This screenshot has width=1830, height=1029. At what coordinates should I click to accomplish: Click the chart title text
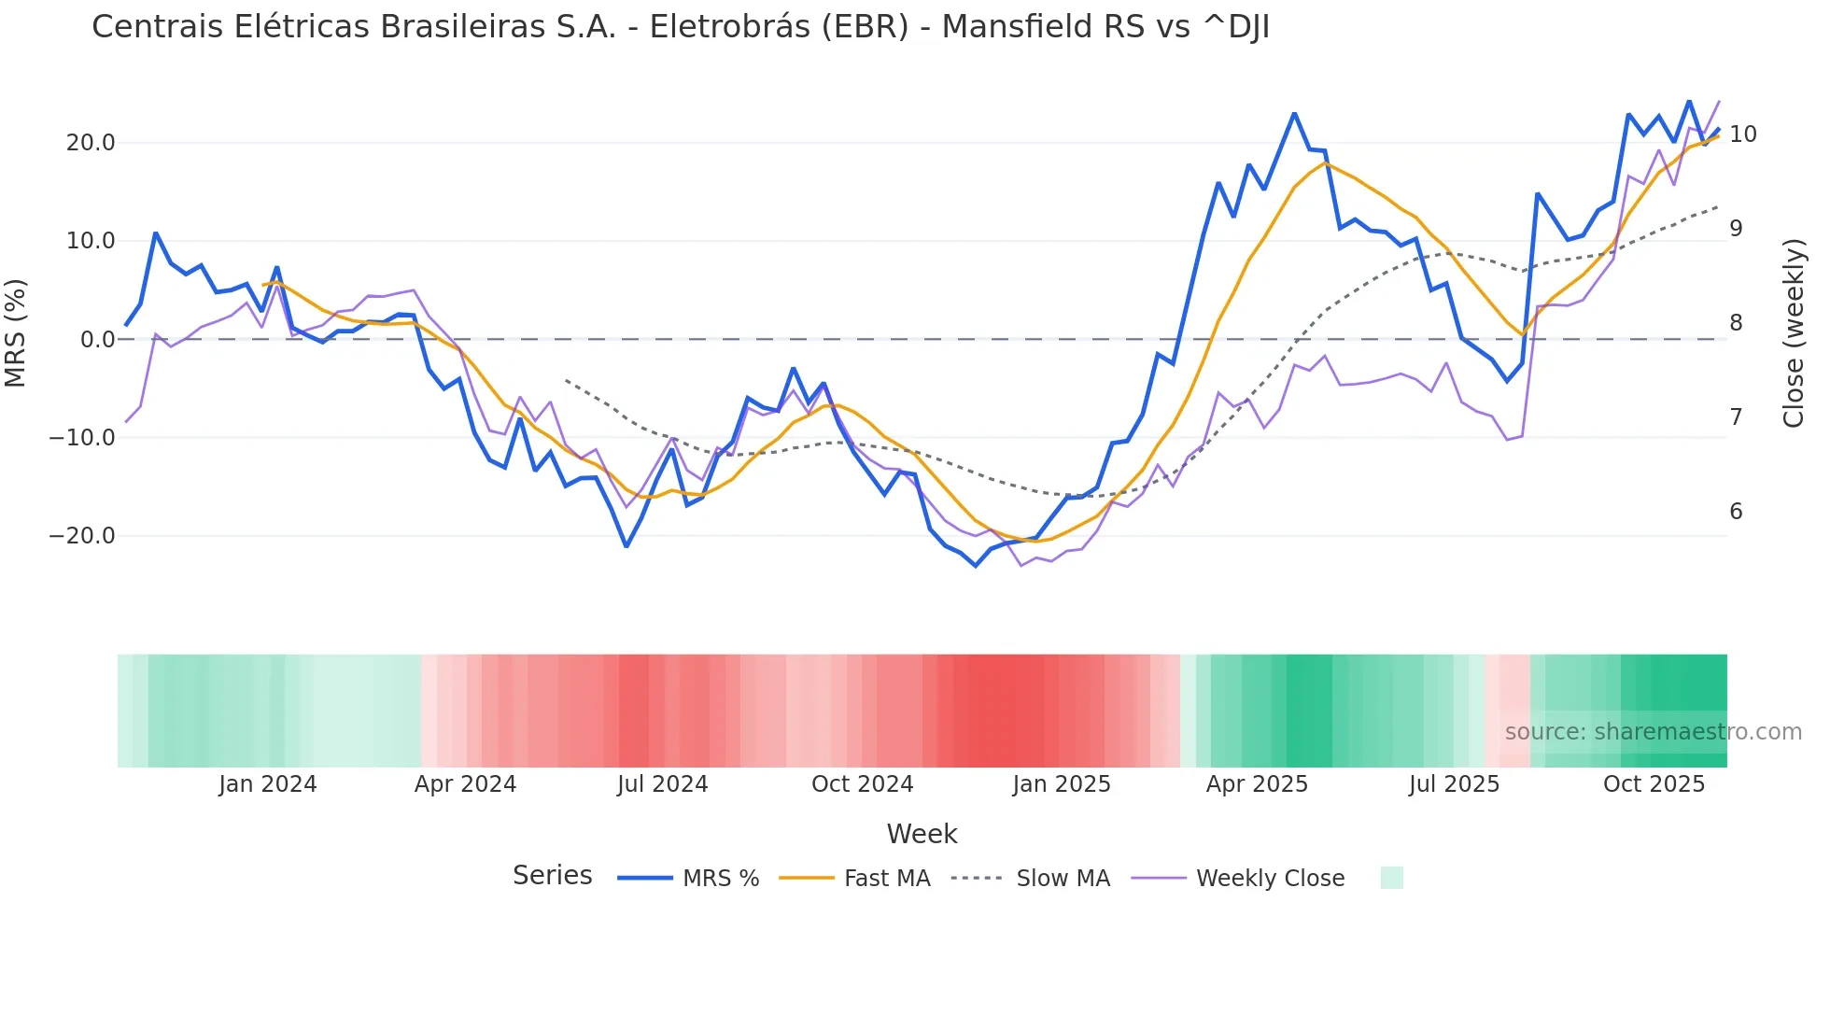point(680,27)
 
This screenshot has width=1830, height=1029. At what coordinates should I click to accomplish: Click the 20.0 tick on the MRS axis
point(91,143)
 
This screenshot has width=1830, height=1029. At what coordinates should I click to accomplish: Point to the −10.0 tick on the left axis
point(82,438)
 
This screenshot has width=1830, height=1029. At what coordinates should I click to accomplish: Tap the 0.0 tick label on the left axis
point(97,340)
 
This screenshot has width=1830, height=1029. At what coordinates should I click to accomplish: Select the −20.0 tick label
point(82,536)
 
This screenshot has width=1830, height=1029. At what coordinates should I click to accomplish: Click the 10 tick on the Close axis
point(1742,134)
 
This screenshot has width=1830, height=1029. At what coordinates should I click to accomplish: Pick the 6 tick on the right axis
point(1736,512)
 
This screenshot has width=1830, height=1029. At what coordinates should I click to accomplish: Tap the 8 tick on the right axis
point(1736,323)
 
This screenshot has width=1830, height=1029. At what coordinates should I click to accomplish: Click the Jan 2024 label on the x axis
point(268,784)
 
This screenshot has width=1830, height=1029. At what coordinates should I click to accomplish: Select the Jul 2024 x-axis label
point(662,784)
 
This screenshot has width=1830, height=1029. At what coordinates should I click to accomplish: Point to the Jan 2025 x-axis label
point(1062,784)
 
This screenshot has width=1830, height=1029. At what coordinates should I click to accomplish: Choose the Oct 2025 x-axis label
point(1654,784)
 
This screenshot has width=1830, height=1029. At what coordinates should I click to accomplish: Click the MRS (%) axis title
point(16,332)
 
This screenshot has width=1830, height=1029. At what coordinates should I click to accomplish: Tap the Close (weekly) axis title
point(1793,333)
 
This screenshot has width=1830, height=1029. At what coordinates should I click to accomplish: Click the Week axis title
point(922,834)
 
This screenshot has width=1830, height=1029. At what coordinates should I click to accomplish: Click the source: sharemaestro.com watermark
point(1653,732)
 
